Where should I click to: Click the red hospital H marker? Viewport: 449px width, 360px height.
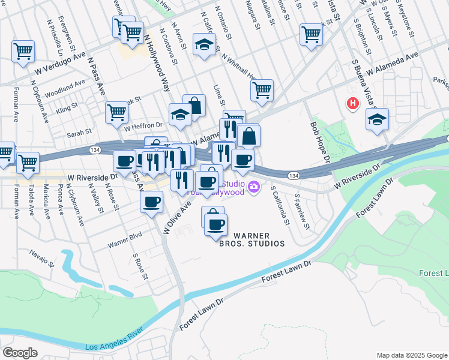[x=352, y=103]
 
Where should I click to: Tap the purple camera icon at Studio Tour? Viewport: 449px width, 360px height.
[x=255, y=188]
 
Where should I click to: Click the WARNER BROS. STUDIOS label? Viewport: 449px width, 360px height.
[x=259, y=239]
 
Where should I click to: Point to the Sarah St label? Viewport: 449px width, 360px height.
[x=79, y=131]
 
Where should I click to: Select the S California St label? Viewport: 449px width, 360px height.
[x=280, y=205]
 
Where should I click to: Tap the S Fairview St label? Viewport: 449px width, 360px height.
[x=301, y=211]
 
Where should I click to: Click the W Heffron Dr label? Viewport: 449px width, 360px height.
[x=143, y=126]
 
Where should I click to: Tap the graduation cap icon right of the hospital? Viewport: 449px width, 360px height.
[x=377, y=119]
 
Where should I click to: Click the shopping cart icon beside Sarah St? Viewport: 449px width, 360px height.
[x=116, y=112]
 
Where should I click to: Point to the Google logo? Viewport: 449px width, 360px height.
[x=20, y=353]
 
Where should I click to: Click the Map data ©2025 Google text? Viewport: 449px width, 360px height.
[x=411, y=355]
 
